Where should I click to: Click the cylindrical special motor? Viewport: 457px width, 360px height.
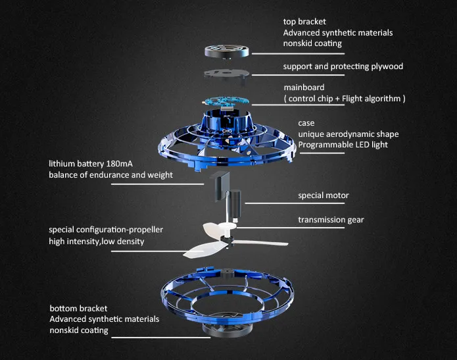235,199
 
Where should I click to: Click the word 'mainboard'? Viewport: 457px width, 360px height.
304,87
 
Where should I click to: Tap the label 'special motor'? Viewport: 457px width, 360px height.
324,195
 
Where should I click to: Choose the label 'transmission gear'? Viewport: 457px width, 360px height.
331,220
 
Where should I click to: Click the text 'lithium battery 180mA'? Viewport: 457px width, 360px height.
91,163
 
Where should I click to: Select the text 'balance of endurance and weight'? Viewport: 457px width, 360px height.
110,174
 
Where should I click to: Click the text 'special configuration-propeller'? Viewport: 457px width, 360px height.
106,230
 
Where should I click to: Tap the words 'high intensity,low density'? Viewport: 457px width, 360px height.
96,242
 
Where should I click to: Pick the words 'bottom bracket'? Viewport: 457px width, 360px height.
78,308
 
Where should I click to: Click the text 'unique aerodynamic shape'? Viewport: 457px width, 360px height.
348,134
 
